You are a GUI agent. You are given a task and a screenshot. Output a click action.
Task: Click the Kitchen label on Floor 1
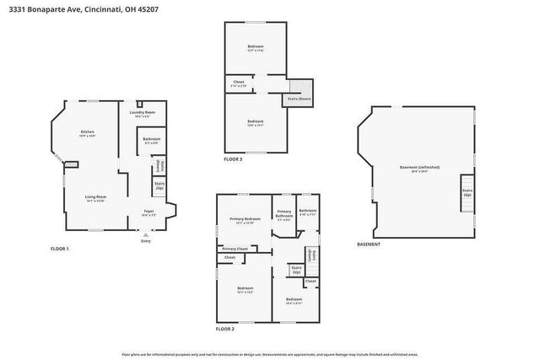click(x=87, y=132)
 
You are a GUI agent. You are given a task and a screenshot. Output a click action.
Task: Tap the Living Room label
click(x=94, y=198)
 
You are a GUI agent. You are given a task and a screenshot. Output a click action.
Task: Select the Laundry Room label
click(x=142, y=113)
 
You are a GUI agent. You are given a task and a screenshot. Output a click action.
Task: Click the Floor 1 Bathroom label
click(x=151, y=140)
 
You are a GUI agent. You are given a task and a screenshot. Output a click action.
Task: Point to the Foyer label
click(x=148, y=212)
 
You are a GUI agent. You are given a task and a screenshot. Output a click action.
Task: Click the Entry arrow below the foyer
click(x=145, y=237)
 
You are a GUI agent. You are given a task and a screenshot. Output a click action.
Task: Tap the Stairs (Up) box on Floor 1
click(x=159, y=185)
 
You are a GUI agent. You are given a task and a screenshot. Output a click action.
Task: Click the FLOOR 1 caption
click(x=59, y=249)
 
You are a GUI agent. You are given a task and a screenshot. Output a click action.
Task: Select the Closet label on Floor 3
click(x=239, y=83)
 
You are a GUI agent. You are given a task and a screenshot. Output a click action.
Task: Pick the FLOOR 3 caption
click(x=233, y=159)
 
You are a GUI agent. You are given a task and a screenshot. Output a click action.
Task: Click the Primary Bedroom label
click(x=245, y=220)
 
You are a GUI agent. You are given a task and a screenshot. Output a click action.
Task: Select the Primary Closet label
click(x=235, y=249)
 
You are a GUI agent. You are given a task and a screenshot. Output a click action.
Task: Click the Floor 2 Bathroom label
click(x=307, y=212)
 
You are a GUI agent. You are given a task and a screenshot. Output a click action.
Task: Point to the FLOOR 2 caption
click(x=225, y=329)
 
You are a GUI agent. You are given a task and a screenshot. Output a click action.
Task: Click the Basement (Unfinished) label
click(x=419, y=169)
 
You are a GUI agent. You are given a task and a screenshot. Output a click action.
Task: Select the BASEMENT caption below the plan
click(x=369, y=244)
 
